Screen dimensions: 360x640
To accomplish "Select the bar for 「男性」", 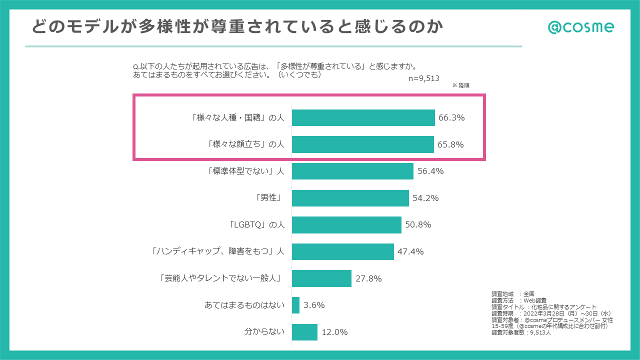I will point(350,198).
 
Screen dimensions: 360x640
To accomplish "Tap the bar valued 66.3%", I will point(363,118).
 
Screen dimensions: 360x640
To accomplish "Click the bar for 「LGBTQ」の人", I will point(346,225).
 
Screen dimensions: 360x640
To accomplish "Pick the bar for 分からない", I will point(304,332).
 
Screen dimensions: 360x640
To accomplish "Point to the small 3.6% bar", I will point(295,305).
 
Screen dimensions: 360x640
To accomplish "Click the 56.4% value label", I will point(430,171).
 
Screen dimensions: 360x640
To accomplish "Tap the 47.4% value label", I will point(410,251).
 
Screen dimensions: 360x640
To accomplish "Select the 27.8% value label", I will point(368,278).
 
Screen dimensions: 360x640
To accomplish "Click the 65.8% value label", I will point(450,145).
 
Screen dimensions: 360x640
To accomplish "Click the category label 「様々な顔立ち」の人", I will point(245,144).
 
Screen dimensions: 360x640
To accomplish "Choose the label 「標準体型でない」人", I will point(245,171).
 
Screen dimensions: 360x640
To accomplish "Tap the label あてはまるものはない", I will point(244,305).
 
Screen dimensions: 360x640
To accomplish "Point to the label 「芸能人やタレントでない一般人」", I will point(219,278).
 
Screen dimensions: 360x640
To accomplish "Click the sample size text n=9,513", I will point(423,78).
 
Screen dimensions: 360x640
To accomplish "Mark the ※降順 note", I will point(460,85).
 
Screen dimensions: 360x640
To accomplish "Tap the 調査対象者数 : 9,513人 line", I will point(521,332).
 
